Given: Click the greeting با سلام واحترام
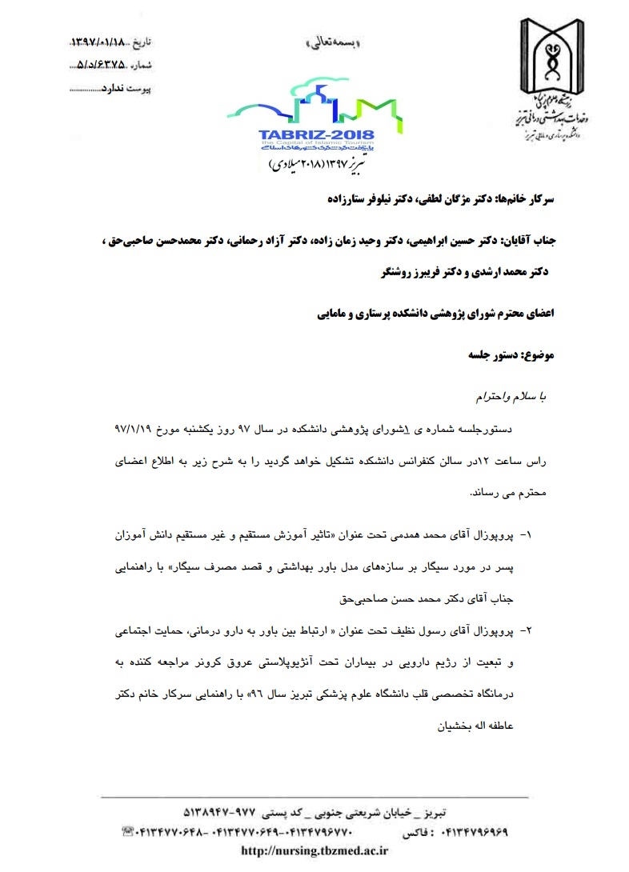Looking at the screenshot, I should (x=515, y=395).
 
